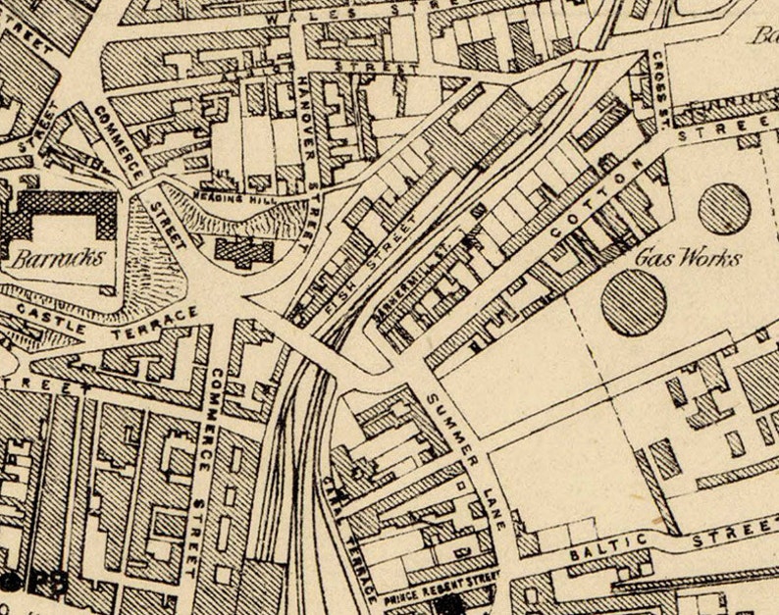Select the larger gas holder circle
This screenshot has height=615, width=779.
coord(634,303)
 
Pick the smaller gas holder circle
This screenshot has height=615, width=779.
coord(724,208)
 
